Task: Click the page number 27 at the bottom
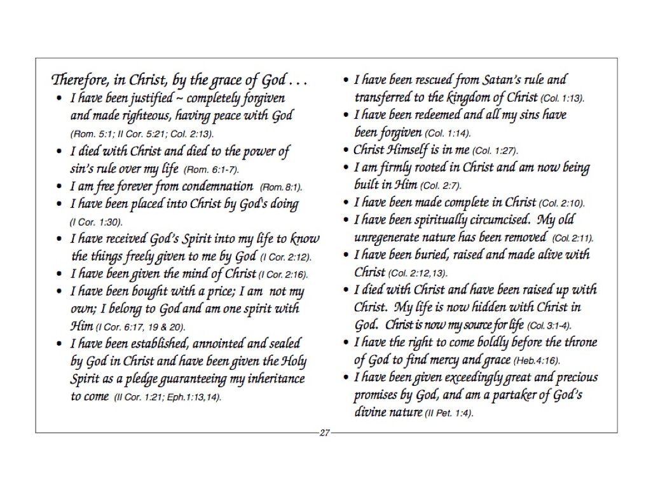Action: tap(325, 433)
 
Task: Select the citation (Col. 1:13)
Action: tap(562, 99)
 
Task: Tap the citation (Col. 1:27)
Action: tap(495, 151)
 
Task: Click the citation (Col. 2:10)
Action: tap(561, 204)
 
